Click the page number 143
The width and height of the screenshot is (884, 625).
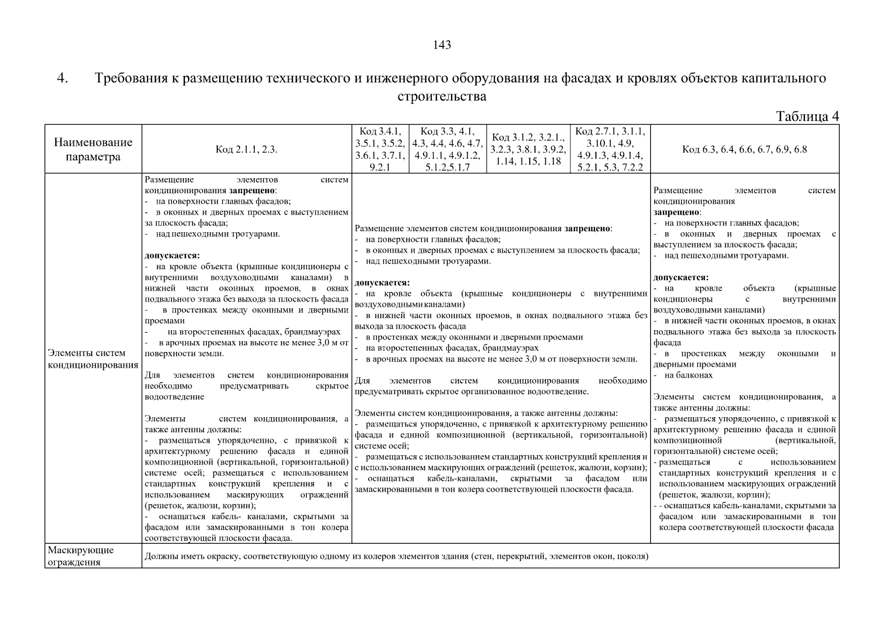[442, 45]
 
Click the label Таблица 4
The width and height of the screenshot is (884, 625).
[807, 116]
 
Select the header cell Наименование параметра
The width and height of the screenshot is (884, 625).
[93, 149]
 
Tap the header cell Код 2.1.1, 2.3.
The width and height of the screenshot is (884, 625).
[246, 150]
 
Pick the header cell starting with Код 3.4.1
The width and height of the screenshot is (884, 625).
[380, 149]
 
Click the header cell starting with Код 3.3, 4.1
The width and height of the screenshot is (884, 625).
[447, 149]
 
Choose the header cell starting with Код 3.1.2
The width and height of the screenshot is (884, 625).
[528, 149]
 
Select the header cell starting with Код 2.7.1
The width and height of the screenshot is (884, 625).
[610, 149]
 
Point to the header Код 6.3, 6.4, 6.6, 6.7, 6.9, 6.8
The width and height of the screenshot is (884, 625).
[744, 150]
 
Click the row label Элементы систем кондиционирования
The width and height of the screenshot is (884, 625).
[93, 359]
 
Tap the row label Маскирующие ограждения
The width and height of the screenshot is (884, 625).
[81, 556]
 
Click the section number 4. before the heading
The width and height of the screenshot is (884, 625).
[63, 79]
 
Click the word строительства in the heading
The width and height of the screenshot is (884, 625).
[442, 97]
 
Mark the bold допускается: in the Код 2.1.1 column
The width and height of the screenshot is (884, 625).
[172, 256]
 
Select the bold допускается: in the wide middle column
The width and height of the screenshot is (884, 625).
[382, 283]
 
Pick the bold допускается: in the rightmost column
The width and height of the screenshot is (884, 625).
[681, 278]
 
